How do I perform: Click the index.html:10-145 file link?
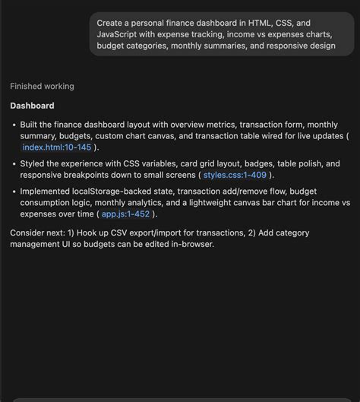[56, 147]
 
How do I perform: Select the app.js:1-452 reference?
[126, 214]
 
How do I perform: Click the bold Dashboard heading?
[32, 106]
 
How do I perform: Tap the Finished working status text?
[42, 87]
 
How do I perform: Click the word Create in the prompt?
[111, 23]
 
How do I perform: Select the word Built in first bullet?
[30, 125]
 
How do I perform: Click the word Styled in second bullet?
[33, 163]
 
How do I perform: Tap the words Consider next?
[37, 232]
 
